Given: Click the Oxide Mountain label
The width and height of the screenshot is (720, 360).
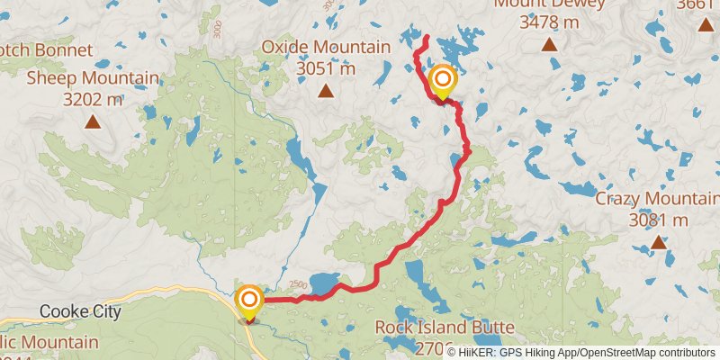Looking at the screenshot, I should click(326, 47).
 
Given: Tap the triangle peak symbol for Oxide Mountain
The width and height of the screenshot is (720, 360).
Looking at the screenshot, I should click(326, 91).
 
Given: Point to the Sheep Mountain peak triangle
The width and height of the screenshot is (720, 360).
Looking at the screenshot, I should click(92, 121).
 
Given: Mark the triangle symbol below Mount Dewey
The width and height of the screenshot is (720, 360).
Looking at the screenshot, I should click(549, 43).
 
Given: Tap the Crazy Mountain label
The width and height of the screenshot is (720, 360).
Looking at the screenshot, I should click(657, 199).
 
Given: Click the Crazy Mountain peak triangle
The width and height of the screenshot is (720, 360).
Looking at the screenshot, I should click(659, 241).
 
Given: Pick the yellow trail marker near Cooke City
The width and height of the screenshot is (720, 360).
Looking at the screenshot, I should click(249, 301).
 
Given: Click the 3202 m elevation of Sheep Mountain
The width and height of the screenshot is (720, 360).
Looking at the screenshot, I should click(94, 99).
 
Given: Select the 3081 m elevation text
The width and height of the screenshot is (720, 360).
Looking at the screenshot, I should click(659, 220).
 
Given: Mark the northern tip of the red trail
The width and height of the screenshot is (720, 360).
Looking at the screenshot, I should click(425, 37).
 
